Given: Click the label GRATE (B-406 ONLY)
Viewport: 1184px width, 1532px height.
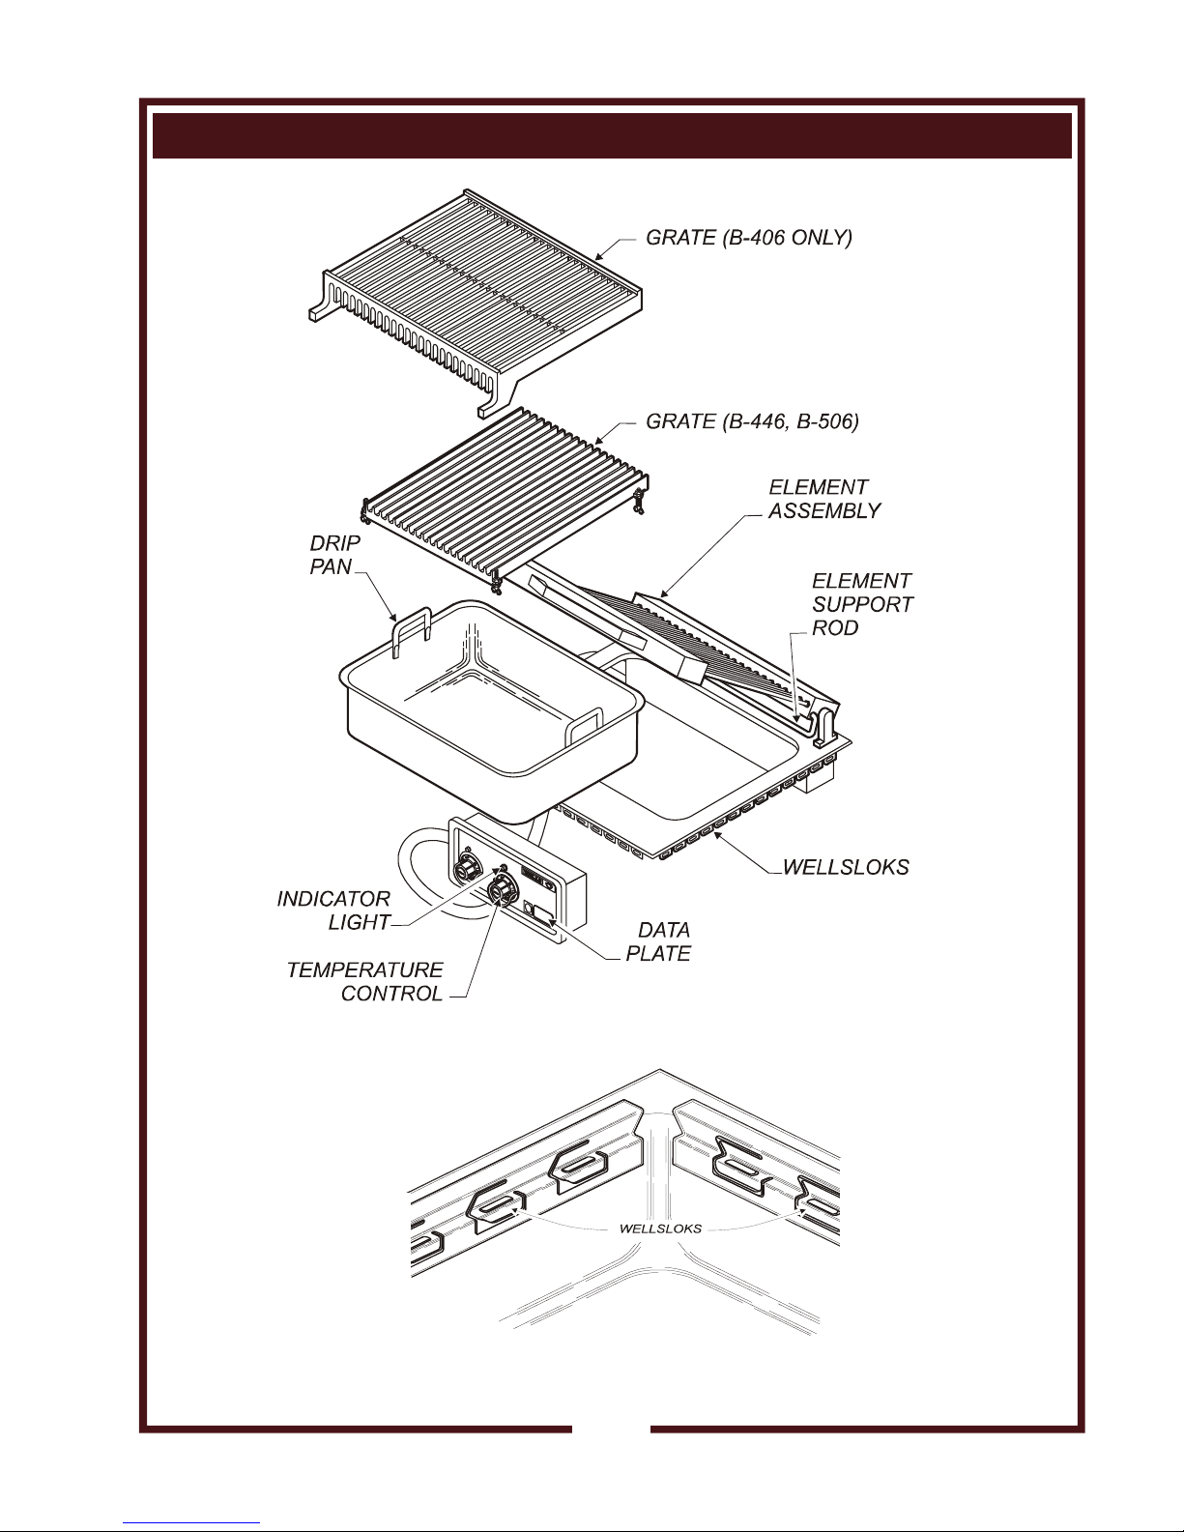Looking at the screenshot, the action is point(748,239).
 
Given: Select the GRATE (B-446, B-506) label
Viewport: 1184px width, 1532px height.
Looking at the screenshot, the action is point(752,421).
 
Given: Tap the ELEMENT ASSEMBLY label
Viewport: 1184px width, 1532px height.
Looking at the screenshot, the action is point(823,499).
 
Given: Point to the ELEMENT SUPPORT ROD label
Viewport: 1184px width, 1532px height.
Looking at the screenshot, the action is point(862,604).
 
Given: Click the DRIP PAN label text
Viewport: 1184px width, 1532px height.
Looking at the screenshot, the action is point(334,555).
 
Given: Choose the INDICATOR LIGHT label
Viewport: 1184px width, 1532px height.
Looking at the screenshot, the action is point(333,911).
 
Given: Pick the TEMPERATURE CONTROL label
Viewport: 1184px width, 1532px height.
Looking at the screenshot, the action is point(364,981).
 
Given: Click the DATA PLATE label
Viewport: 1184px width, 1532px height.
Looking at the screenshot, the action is point(658,941).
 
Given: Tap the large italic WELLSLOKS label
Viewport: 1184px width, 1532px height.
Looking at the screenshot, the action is point(846,866).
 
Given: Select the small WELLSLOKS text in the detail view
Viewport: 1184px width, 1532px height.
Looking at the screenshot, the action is point(660,1228).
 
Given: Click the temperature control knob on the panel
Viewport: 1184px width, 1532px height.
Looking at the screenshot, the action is point(501,888).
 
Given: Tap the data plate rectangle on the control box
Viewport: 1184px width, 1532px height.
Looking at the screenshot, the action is point(542,915).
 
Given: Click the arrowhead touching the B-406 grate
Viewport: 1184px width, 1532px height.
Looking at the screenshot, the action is point(599,256).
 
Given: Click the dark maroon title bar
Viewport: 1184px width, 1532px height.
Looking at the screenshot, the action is point(612,135).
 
